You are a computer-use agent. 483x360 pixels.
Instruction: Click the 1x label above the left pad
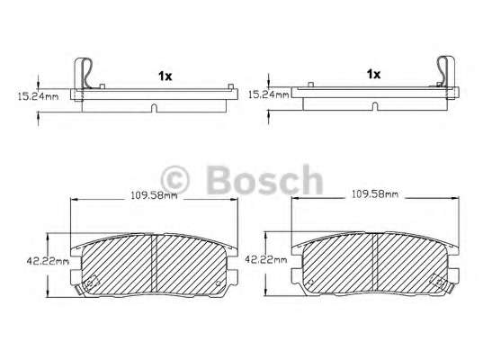tap(165, 76)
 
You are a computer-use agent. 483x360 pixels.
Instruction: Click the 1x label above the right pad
tap(373, 74)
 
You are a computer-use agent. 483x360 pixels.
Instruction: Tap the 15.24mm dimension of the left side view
tap(38, 96)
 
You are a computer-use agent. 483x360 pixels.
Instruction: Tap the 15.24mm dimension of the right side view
tap(269, 94)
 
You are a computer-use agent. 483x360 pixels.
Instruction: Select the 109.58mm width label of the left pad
tap(154, 195)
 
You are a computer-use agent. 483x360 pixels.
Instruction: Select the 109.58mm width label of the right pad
tap(375, 193)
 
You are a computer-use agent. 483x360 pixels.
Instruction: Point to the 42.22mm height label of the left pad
tap(48, 261)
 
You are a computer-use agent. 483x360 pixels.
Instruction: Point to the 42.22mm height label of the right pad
tap(266, 259)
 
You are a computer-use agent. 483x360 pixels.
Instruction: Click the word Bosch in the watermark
tap(265, 180)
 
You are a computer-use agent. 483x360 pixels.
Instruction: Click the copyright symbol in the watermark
tap(174, 180)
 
